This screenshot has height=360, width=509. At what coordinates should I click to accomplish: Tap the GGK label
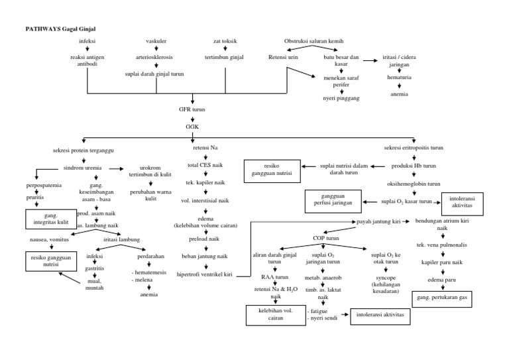[x=192, y=125]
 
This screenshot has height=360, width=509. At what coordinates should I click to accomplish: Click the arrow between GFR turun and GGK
[x=192, y=117]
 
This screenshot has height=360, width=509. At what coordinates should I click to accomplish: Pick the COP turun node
[x=326, y=237]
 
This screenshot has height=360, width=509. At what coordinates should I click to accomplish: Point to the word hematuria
[x=400, y=77]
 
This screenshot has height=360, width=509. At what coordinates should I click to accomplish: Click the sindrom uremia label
[x=83, y=168]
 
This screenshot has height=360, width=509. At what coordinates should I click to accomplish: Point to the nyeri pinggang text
[x=341, y=97]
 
